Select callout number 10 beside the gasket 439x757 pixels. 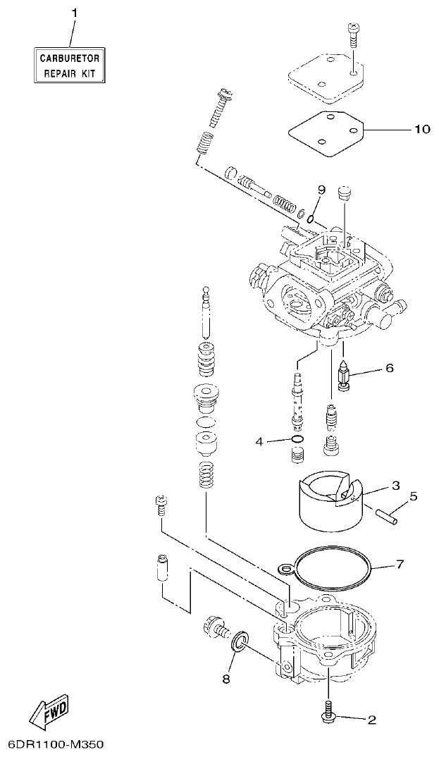coord(421,130)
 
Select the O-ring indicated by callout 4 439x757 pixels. coord(297,442)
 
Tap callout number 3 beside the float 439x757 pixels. coord(396,485)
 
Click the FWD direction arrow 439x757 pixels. coord(47,713)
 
